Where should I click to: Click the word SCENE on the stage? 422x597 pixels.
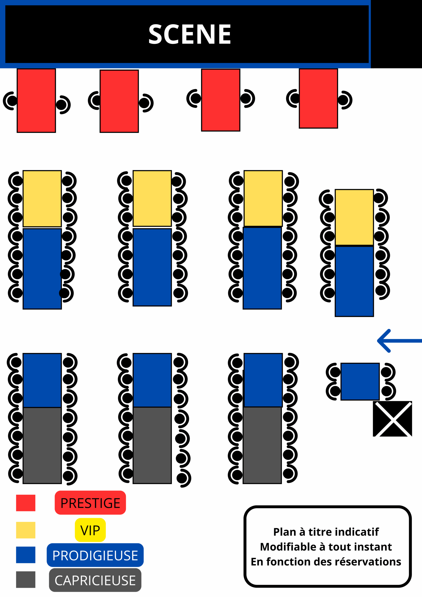[x=190, y=34]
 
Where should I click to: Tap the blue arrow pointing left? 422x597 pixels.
[x=399, y=341]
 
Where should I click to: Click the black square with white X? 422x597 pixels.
[x=392, y=419]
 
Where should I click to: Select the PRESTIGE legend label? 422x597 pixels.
[x=90, y=503]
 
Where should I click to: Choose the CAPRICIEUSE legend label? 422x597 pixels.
[x=95, y=580]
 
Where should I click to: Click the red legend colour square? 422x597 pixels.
[x=26, y=503]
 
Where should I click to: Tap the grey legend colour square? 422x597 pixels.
[x=26, y=580]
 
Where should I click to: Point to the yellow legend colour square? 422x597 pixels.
[x=26, y=530]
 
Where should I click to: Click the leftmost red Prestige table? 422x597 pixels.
[x=36, y=101]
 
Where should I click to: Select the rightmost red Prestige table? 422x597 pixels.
[x=318, y=99]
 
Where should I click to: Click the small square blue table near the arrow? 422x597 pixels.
[x=360, y=382]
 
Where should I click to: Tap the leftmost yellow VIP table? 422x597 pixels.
[x=42, y=199]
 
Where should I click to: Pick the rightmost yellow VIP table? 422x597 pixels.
[x=354, y=217]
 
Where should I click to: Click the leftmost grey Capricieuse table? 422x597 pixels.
[x=42, y=445]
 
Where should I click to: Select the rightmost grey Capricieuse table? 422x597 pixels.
[x=262, y=445]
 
